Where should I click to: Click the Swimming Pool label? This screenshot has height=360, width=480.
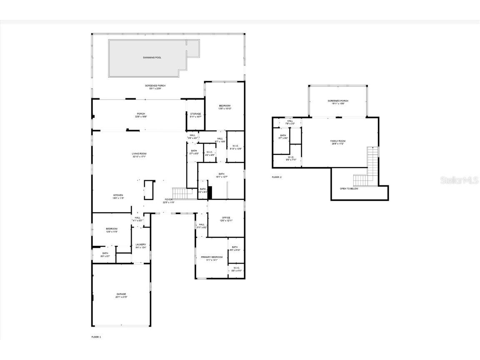coord(152,57)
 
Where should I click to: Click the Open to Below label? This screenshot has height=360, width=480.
coord(349,188)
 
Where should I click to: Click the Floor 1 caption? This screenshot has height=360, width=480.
coord(96,337)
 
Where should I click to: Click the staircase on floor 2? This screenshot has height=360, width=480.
coord(372,167)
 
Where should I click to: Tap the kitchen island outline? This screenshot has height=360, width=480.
coord(149,190)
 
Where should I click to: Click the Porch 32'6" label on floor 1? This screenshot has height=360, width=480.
coord(141,115)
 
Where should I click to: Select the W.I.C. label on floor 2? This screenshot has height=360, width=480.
coord(291,158)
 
